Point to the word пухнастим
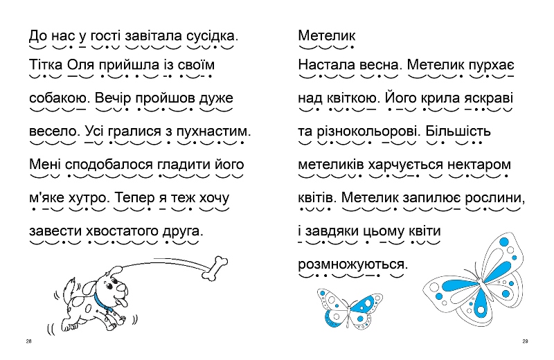pyautogui.click(x=213, y=132)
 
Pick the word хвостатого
pyautogui.click(x=123, y=231)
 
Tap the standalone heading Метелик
pyautogui.click(x=327, y=36)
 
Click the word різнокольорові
pyautogui.click(x=369, y=132)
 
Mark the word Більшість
pyautogui.click(x=458, y=132)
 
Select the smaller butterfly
pyautogui.click(x=349, y=308)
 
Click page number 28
pyautogui.click(x=28, y=341)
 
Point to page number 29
pyautogui.click(x=525, y=341)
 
